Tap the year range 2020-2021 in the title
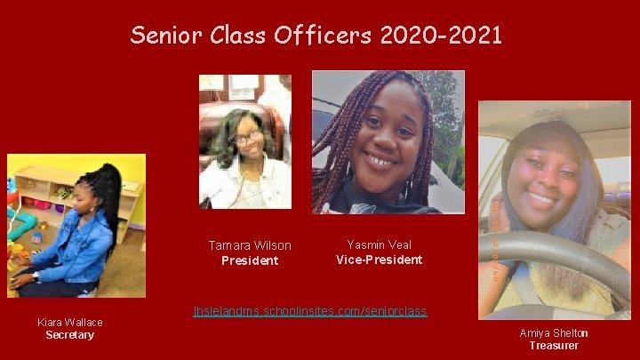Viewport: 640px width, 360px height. (x=441, y=36)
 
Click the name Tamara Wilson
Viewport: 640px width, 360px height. (x=249, y=245)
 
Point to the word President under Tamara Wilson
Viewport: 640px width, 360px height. (x=249, y=260)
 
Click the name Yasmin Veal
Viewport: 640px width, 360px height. (x=379, y=244)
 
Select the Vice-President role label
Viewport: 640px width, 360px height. (x=379, y=260)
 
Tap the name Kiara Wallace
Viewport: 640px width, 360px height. (x=69, y=322)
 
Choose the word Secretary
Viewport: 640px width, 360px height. (x=69, y=335)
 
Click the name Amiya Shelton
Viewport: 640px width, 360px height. (x=553, y=332)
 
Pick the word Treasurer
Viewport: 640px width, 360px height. (x=553, y=346)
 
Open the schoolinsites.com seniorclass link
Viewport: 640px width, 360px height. (x=309, y=311)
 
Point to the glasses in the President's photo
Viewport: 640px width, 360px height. (x=246, y=139)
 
